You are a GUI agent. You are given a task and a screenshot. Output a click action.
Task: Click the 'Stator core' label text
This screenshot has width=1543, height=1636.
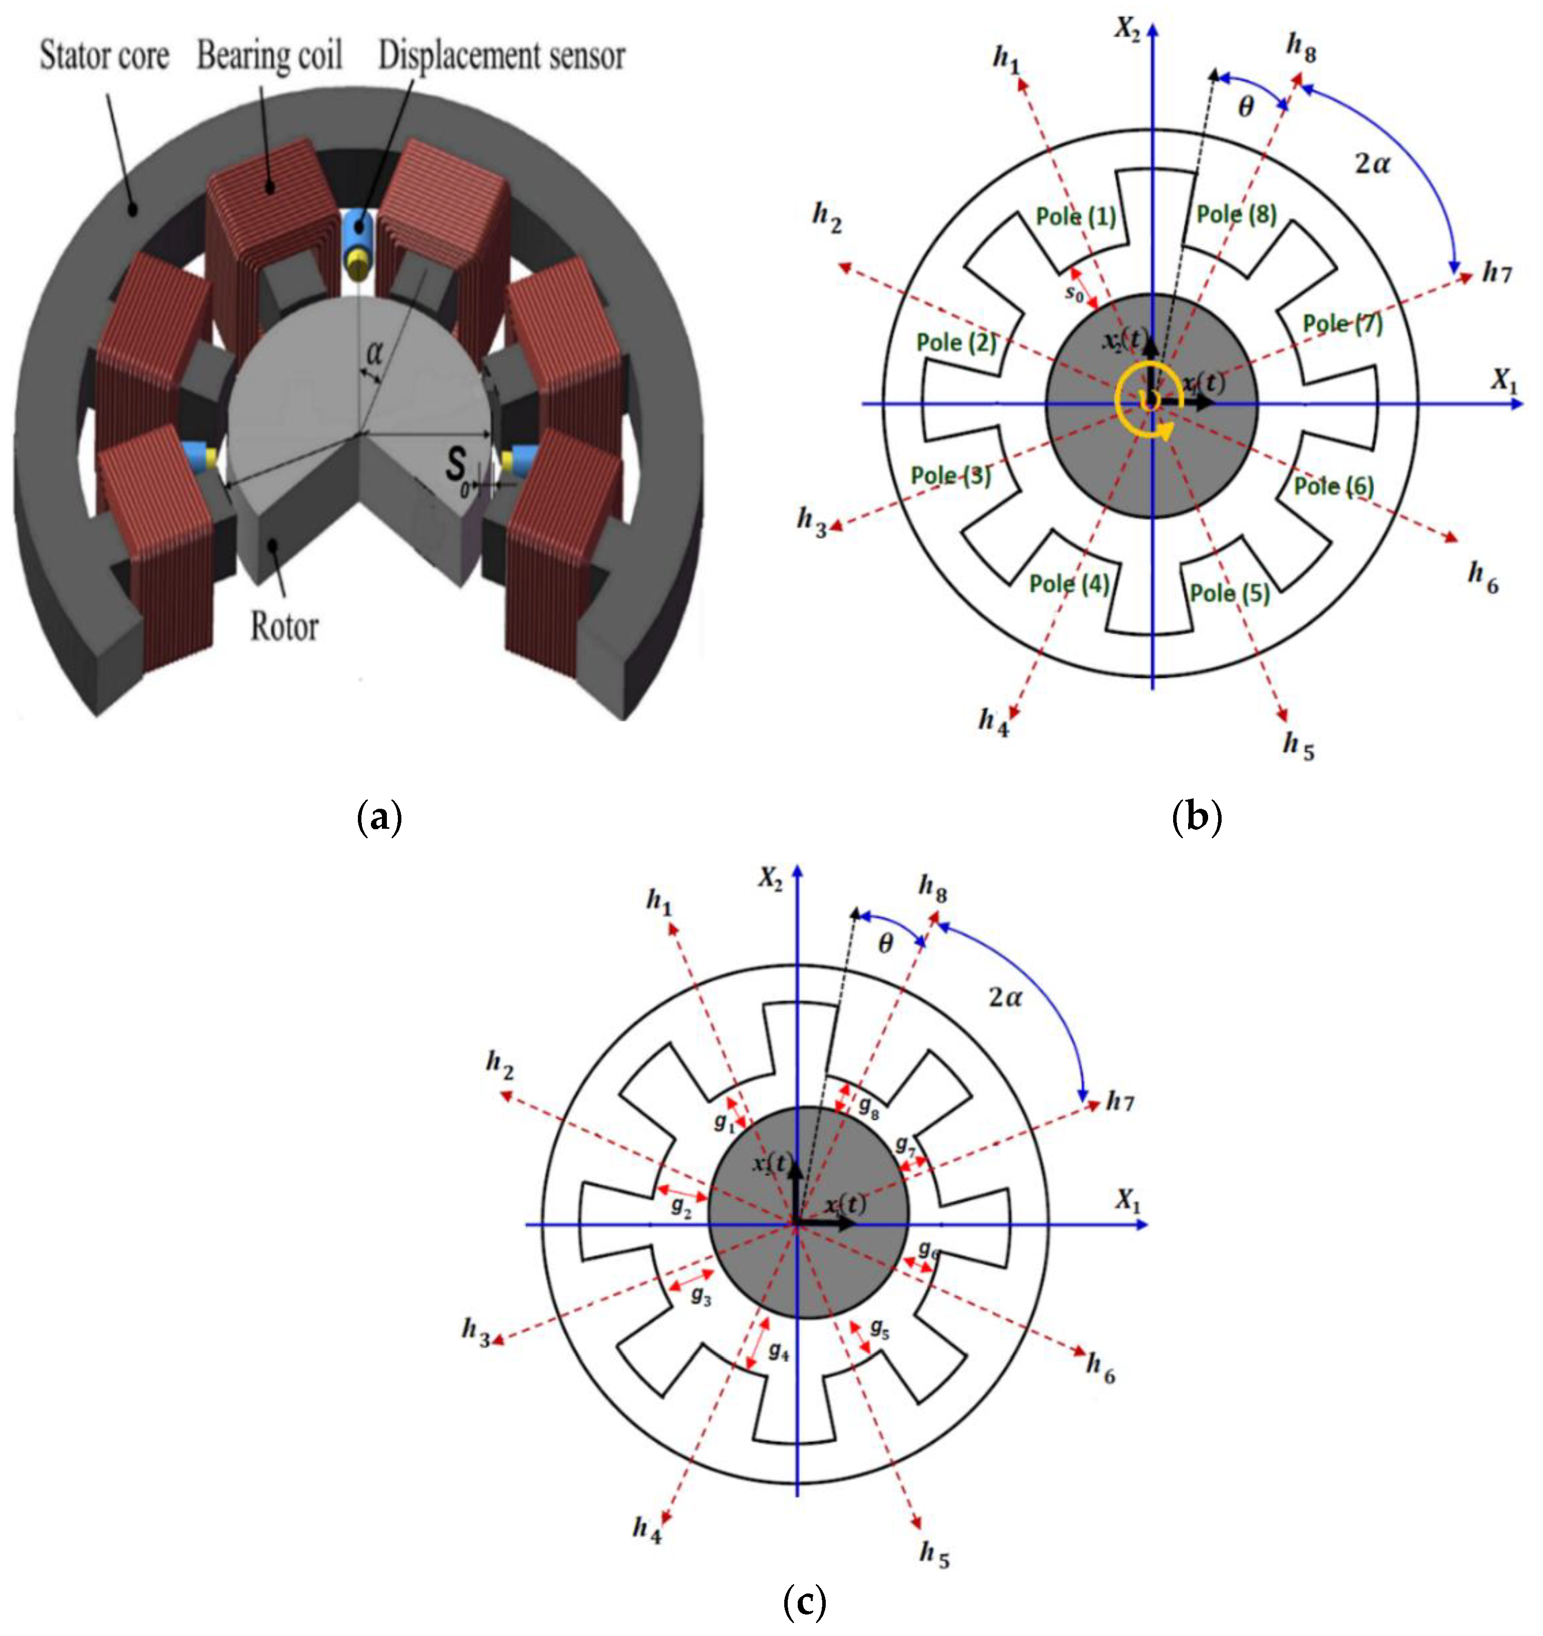pyautogui.click(x=104, y=56)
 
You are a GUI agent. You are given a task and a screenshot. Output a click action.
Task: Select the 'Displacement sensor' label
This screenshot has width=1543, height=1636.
pyautogui.click(x=501, y=56)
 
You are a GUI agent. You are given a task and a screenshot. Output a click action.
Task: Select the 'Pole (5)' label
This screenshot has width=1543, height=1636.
pyautogui.click(x=1230, y=592)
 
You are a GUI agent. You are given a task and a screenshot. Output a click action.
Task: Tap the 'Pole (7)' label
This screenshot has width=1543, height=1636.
pyautogui.click(x=1342, y=323)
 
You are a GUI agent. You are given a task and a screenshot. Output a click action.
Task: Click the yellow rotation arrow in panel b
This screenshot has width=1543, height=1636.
pyautogui.click(x=1146, y=403)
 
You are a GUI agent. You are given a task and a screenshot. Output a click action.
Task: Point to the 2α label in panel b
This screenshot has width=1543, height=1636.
pyautogui.click(x=1372, y=164)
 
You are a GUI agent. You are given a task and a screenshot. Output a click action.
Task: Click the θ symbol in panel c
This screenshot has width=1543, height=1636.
pyautogui.click(x=886, y=944)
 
